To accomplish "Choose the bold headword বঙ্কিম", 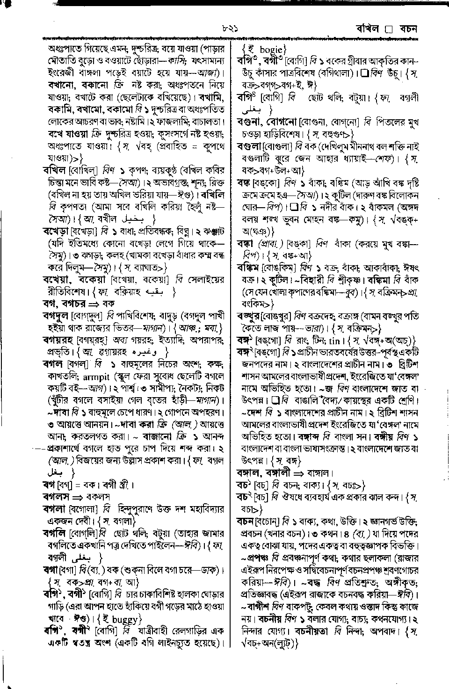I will point(248,268).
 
